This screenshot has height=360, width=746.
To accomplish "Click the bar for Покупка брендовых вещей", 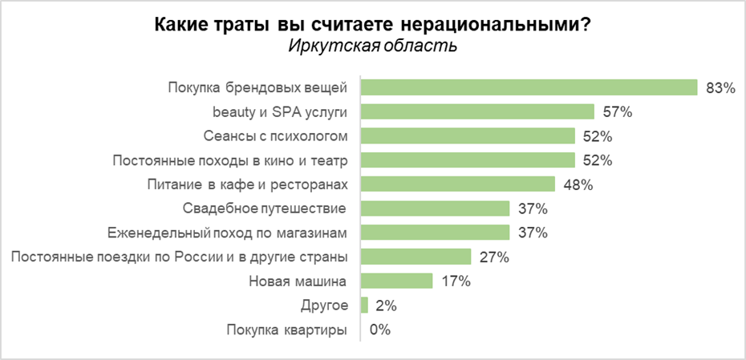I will pos(529,87).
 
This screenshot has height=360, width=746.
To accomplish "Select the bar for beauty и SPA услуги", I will pos(478,111).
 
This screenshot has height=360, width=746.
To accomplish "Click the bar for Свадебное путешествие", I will pos(436,208).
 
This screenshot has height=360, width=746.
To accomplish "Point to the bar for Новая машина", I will pos(397,281).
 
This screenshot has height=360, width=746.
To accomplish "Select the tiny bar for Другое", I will pos(365,305).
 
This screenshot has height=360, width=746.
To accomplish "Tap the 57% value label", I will pos(618,112).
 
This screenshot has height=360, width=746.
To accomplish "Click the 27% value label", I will pos(494,257).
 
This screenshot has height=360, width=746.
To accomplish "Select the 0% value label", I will pos(379,330).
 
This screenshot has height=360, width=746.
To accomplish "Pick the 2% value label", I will pos(386,306).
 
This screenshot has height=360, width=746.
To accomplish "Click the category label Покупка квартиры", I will pos(287,330).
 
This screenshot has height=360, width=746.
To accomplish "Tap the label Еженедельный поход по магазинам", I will pos(228,233).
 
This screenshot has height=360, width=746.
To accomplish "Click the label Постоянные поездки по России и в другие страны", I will pos(179,257).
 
